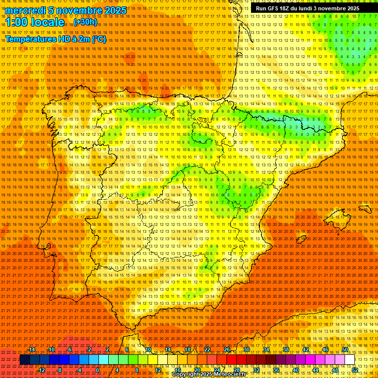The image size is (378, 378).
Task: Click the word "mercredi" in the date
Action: click(x=25, y=10)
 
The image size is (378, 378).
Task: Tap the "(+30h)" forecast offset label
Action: click(x=85, y=22)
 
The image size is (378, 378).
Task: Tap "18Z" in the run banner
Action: click(x=287, y=8)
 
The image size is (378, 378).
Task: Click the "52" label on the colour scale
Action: click(x=355, y=370)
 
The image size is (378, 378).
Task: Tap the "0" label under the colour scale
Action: click(x=97, y=370)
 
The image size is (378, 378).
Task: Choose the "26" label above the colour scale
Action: click(x=227, y=349)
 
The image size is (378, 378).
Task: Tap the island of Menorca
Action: click(x=365, y=209)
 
